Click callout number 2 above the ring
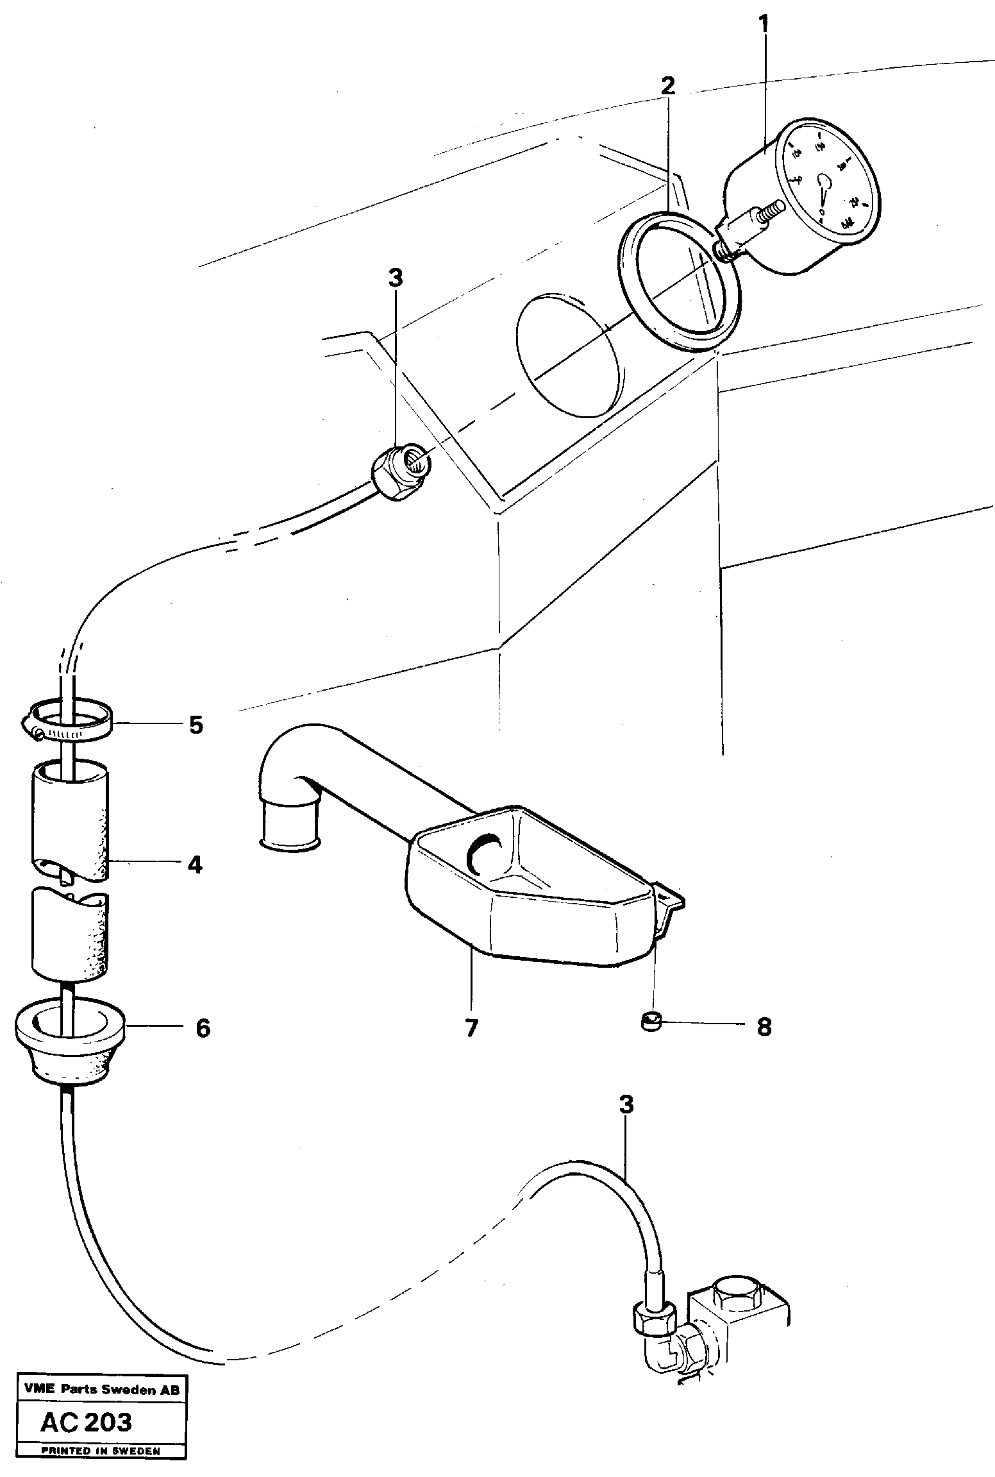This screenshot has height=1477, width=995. coord(667,85)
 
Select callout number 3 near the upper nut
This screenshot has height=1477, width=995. coord(396,278)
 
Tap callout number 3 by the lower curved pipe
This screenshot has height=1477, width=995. coord(626,1105)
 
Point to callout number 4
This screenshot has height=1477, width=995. coord(195,865)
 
